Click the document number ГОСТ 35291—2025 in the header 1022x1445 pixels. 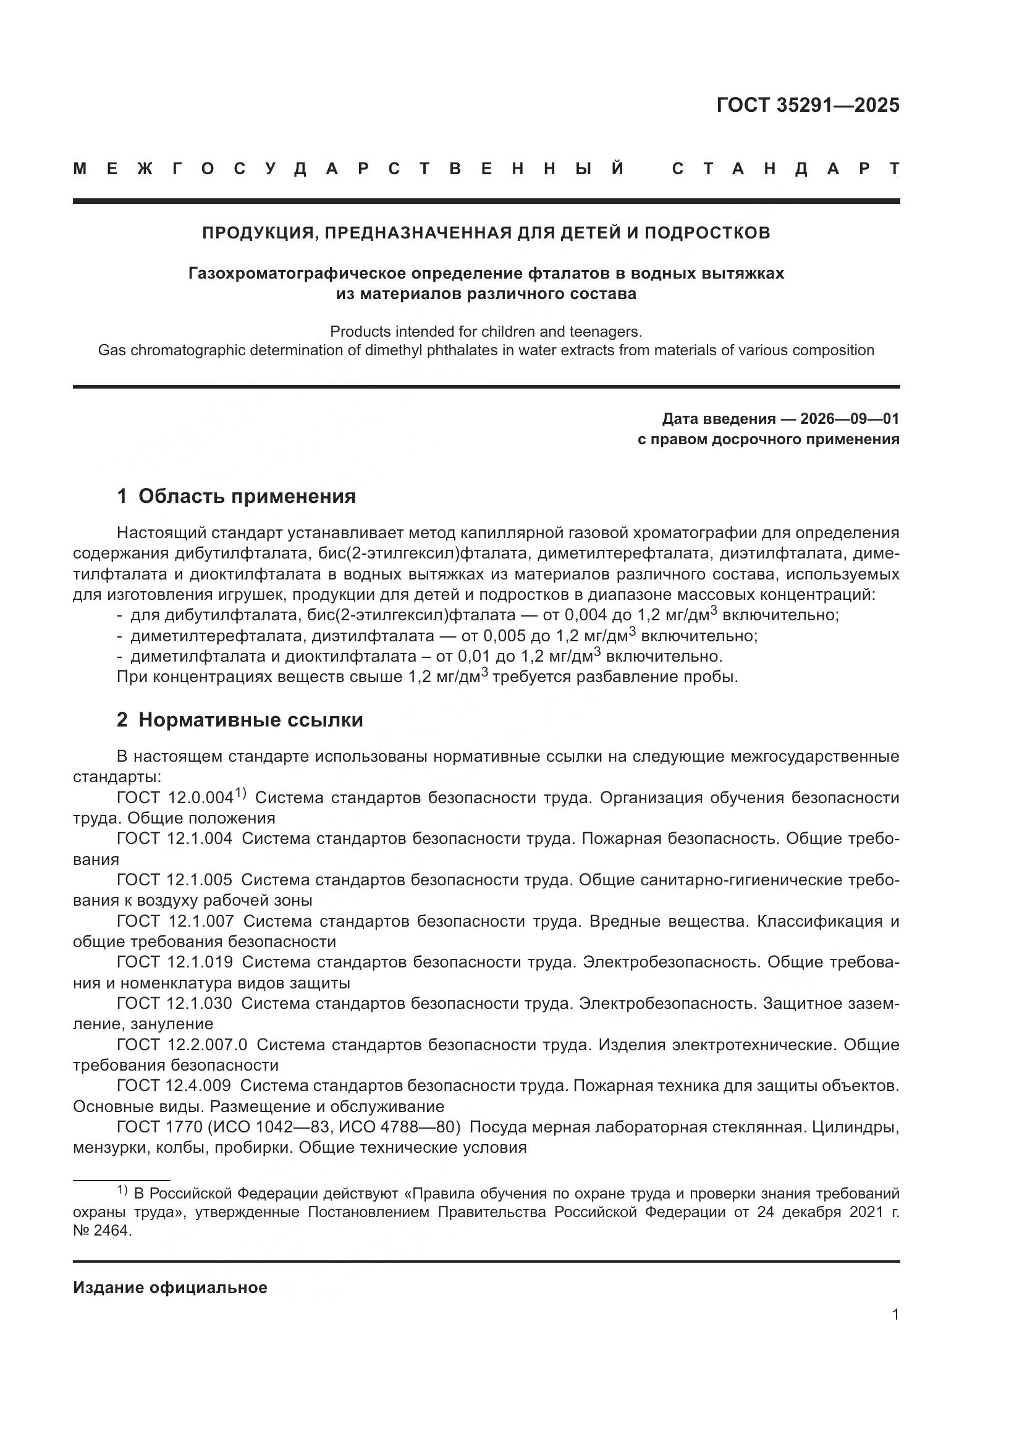click(x=808, y=104)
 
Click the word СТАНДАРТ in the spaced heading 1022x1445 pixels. click(x=786, y=169)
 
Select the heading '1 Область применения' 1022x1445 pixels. click(x=236, y=496)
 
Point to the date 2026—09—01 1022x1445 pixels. click(x=850, y=418)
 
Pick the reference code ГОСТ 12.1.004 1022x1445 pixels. click(x=174, y=838)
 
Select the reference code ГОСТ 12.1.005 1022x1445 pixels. click(x=174, y=880)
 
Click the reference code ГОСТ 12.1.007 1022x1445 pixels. click(x=175, y=921)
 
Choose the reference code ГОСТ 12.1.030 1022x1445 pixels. click(x=174, y=1003)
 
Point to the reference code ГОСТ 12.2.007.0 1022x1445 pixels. click(x=182, y=1045)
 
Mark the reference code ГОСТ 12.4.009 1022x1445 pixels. click(x=174, y=1085)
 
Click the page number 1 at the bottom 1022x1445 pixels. click(x=895, y=1315)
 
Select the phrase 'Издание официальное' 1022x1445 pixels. click(x=170, y=1287)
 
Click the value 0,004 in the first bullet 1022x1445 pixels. click(x=585, y=615)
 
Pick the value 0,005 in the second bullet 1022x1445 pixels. click(x=504, y=636)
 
